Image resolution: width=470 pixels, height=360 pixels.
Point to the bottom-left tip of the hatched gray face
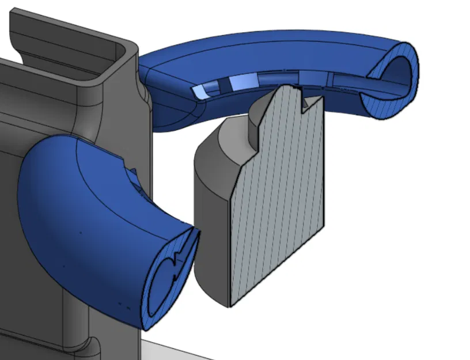pyautogui.click(x=230, y=305)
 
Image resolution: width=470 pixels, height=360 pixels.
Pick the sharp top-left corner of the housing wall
pyautogui.click(x=13, y=12)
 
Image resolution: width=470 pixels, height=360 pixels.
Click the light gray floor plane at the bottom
pyautogui.click(x=173, y=351)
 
